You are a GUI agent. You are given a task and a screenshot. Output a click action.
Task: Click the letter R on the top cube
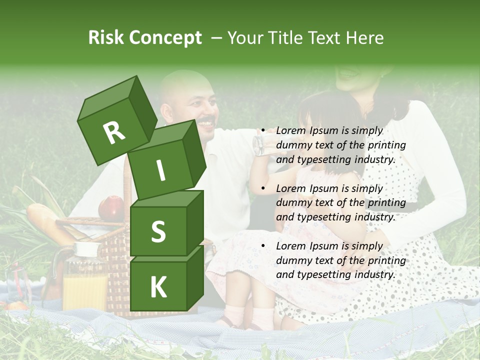114,132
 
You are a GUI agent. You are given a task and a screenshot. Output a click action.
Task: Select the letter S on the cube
158,231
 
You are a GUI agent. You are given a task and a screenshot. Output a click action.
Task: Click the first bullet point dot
263,131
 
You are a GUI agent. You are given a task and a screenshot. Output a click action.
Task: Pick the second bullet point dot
263,188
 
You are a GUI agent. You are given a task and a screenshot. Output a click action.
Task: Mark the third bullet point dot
263,246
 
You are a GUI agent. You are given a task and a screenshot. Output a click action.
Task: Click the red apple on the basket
111,208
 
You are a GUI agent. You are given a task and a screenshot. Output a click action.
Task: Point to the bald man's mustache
206,121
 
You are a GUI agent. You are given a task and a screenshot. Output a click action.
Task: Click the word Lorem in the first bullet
290,130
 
